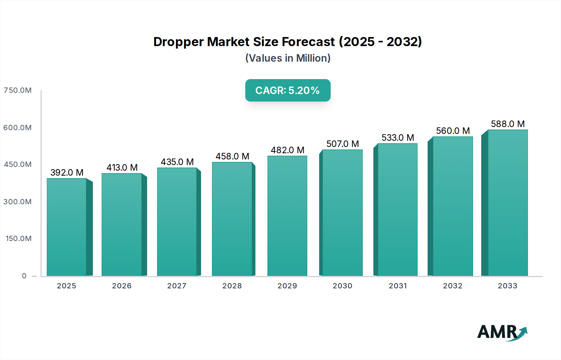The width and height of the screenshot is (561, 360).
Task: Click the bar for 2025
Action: (x=66, y=227)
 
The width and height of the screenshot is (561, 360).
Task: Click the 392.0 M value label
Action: (x=67, y=173)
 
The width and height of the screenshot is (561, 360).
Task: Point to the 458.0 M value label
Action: (x=232, y=156)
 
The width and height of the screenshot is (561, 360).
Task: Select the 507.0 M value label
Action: (x=343, y=144)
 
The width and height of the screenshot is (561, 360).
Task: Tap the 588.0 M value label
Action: (x=508, y=124)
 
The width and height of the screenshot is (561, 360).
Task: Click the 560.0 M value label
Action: (x=453, y=131)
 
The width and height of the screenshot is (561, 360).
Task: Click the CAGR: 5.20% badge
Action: (x=288, y=90)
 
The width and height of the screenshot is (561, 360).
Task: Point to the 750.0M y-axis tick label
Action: (x=17, y=90)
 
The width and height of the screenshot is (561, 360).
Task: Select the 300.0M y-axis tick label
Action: (x=17, y=202)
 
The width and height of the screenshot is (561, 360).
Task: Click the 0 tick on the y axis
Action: (x=24, y=276)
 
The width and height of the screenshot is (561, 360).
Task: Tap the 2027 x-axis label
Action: (x=177, y=286)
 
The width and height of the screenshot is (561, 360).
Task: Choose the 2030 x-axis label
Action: (x=342, y=286)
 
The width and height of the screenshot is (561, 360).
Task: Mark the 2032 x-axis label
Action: (x=453, y=286)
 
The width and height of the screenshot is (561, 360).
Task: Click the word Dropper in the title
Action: (x=178, y=42)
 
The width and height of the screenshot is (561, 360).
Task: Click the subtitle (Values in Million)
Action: (x=288, y=58)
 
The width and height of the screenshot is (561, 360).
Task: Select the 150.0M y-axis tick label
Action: (x=18, y=239)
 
